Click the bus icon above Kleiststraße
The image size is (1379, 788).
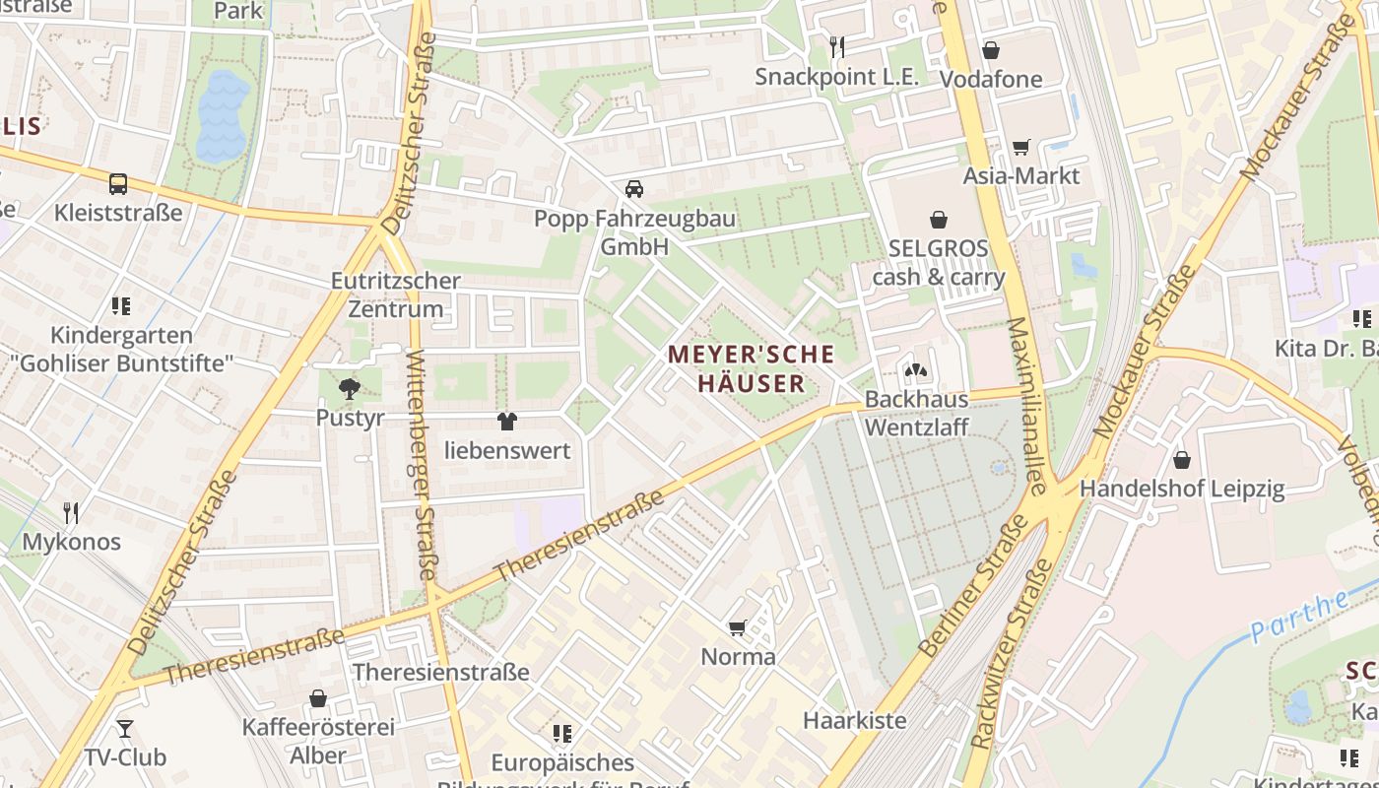pos(118,183)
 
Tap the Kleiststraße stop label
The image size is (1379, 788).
pos(118,212)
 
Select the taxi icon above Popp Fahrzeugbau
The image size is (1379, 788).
pos(634,188)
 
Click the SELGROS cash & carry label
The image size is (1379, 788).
pos(939,262)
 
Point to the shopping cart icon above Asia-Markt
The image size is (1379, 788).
pos(1021,147)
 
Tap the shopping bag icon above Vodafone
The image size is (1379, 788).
pos(991,49)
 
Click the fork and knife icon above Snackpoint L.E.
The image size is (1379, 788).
pos(836,46)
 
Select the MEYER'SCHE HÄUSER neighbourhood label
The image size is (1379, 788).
pos(752,367)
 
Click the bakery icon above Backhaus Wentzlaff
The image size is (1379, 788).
pos(915,370)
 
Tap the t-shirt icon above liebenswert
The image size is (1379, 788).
pos(507,422)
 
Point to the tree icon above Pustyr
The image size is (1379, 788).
pos(349,388)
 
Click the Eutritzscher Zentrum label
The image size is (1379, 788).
pos(395,295)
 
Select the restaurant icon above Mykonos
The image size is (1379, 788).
pos(71,512)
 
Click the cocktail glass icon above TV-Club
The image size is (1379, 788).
pos(124,729)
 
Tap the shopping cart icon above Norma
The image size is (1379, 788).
pos(737,627)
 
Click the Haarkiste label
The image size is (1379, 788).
pos(854,720)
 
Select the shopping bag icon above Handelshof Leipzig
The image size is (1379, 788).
pos(1182,460)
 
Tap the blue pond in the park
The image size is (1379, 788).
pos(223,116)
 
